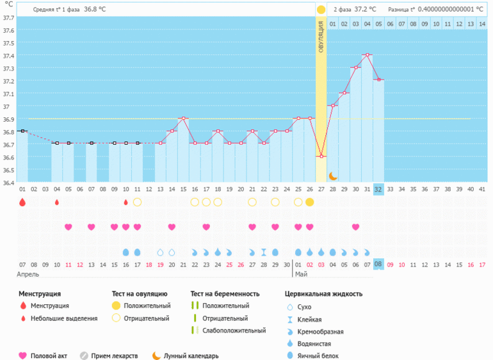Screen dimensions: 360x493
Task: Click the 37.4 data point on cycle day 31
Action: click(367, 55)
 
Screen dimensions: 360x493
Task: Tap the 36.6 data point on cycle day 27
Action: click(321, 156)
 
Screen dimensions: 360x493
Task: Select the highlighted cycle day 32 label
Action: click(378, 189)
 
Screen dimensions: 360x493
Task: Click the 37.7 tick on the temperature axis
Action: click(8, 17)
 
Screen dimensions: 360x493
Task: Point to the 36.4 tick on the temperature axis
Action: click(8, 183)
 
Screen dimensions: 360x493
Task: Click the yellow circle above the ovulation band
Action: click(321, 10)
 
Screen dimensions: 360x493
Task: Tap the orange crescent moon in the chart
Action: click(333, 176)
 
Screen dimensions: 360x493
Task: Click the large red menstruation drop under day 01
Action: click(22, 202)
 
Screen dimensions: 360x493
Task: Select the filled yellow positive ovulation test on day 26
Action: click(310, 202)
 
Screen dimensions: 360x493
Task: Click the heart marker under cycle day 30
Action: click(355, 227)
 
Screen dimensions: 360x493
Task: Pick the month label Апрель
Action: click(29, 274)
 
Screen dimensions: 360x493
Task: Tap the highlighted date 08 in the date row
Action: click(378, 264)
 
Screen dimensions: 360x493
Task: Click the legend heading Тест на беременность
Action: click(225, 294)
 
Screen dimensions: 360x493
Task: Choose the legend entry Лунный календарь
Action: click(191, 356)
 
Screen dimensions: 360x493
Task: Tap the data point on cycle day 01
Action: click(22, 131)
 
